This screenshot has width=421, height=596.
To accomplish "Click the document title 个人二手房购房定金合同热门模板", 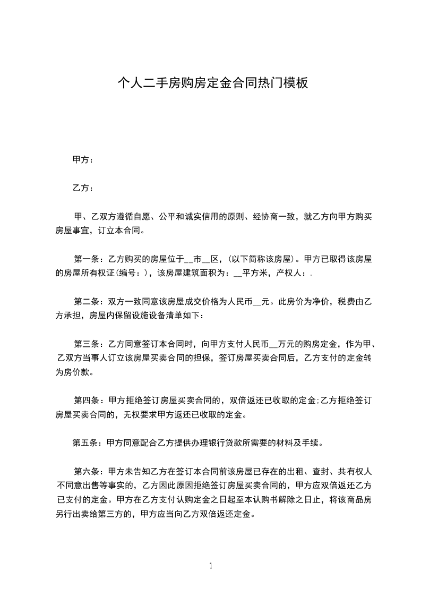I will coord(212,83).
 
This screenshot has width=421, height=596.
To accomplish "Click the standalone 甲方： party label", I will coord(83,159).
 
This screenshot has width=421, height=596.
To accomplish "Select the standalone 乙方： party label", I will coord(83,188).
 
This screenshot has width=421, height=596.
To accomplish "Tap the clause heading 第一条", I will coord(85,260).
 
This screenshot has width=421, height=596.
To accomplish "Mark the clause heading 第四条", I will coord(85,400).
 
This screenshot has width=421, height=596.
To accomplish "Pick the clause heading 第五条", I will coord(84,442).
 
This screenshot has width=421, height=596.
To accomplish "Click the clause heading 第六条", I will coord(85,471).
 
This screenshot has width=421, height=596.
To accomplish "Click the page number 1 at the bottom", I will coord(211,566).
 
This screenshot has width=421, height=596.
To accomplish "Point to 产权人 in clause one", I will coord(289,274).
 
